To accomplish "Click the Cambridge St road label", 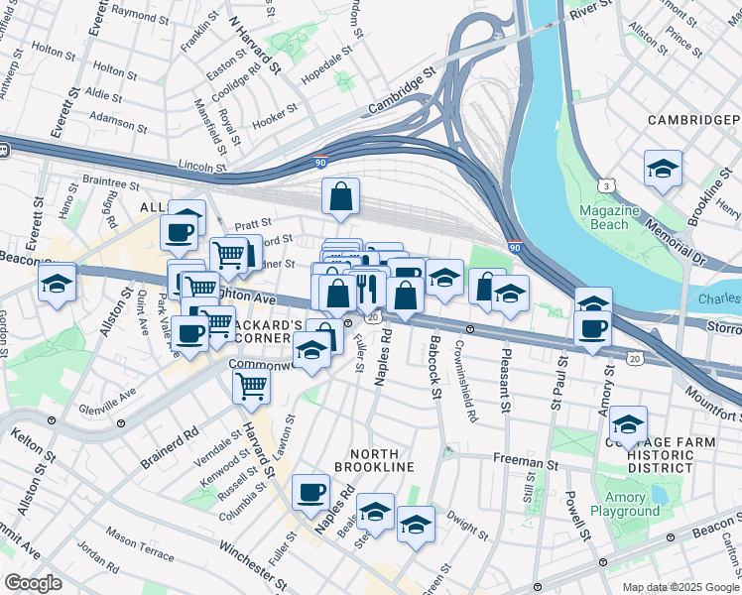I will [401, 87].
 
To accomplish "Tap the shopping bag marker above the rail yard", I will [340, 197].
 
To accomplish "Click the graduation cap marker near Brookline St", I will [663, 169].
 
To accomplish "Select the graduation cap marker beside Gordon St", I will [58, 283].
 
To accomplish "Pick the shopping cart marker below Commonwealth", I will [252, 386].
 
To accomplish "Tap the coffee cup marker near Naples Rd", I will [310, 491].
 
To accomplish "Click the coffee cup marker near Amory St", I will [594, 328].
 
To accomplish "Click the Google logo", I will [33, 583].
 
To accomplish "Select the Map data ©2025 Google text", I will [680, 587].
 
